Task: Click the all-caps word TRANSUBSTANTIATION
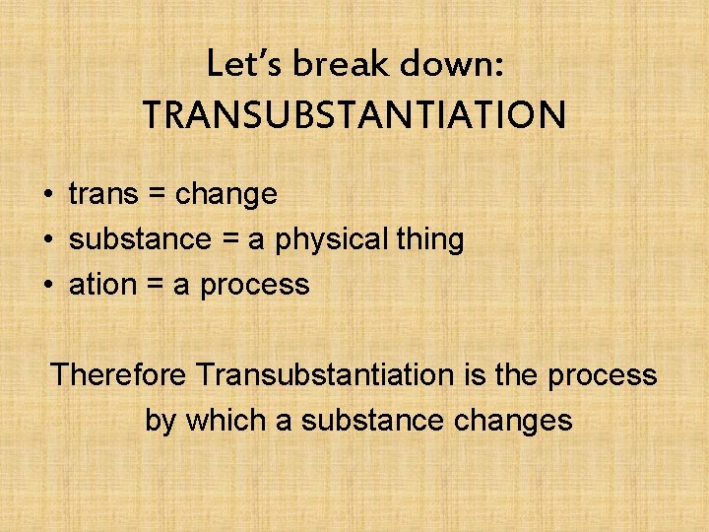354,115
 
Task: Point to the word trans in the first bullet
102,194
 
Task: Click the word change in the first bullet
226,195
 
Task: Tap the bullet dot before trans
47,195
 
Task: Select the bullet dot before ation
47,286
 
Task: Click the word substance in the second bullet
140,239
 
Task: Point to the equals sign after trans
156,195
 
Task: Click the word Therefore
119,374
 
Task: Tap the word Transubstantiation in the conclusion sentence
322,374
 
